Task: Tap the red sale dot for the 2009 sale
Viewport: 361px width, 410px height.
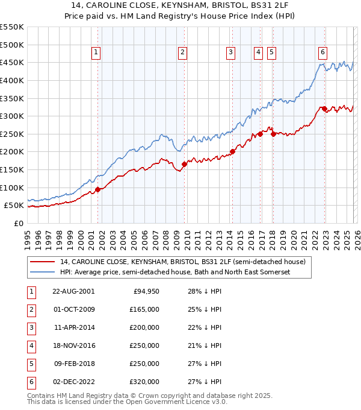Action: [x=184, y=164]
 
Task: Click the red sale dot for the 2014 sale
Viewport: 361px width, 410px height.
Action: [x=232, y=151]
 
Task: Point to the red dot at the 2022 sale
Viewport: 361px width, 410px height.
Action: [x=324, y=109]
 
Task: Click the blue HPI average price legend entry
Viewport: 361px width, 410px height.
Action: [x=175, y=273]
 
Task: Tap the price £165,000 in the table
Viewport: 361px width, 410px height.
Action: [x=144, y=309]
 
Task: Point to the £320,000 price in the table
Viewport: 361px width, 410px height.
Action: [x=144, y=382]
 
